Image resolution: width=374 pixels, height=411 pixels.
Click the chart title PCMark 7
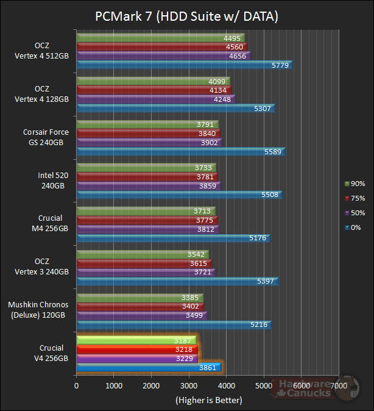pyautogui.click(x=186, y=16)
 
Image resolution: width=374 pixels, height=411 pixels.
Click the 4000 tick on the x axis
pyautogui.click(x=227, y=385)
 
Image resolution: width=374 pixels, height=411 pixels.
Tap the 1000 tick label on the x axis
pyautogui.click(x=114, y=385)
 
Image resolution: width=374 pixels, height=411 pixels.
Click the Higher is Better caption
pyautogui.click(x=208, y=400)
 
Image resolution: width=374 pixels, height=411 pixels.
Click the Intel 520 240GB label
pyautogui.click(x=51, y=182)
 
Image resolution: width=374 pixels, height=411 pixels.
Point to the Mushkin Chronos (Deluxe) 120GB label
pyautogui.click(x=38, y=310)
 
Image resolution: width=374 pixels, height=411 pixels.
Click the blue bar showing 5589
pyautogui.click(x=180, y=151)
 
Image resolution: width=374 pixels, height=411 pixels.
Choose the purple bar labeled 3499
pyautogui.click(x=141, y=315)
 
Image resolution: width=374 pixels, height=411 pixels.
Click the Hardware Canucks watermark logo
pyautogui.click(x=305, y=388)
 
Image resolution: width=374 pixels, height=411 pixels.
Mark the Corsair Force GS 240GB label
pyautogui.click(x=46, y=138)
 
